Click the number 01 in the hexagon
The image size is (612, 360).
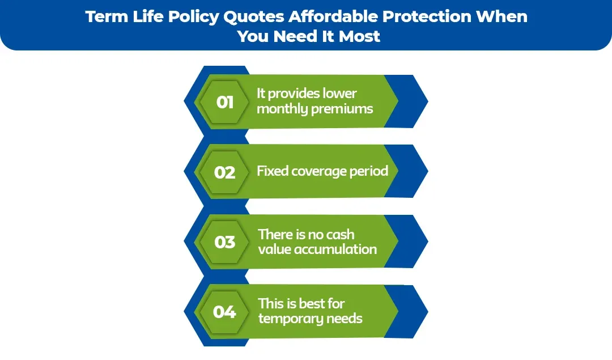(225, 102)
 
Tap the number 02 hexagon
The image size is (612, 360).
(225, 172)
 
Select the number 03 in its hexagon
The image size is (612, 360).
(225, 242)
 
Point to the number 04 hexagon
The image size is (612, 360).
(225, 312)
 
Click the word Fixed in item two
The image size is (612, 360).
(273, 171)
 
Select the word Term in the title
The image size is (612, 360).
(104, 16)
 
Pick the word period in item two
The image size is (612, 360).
(369, 171)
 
